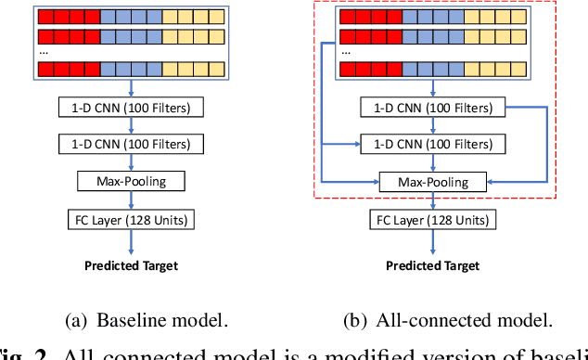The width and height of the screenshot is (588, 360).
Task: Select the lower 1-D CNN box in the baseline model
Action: click(x=131, y=145)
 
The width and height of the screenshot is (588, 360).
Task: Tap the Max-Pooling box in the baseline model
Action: click(x=131, y=181)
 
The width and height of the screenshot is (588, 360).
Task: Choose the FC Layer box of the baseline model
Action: click(x=131, y=220)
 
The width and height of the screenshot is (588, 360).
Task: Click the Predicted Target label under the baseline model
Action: click(x=131, y=266)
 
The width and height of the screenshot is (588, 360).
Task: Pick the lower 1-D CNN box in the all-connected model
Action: click(x=433, y=145)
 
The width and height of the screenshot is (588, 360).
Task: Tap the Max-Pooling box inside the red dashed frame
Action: click(x=433, y=182)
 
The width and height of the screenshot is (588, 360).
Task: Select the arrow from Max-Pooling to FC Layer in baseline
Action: click(x=131, y=200)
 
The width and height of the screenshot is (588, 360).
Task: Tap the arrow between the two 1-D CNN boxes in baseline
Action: click(x=131, y=127)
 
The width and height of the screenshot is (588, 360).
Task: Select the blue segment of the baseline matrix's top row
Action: click(x=131, y=17)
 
